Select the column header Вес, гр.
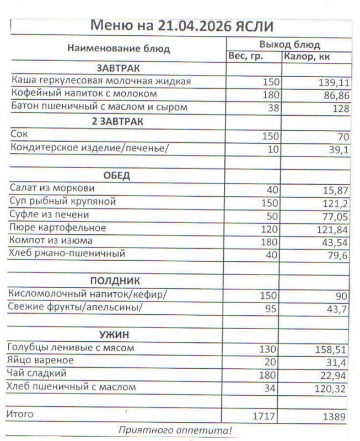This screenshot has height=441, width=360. [246, 56]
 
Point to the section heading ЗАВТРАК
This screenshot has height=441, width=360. [118, 68]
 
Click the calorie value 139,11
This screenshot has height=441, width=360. [334, 83]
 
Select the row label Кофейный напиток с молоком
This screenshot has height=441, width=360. [84, 94]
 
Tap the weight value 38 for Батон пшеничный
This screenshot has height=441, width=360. [273, 108]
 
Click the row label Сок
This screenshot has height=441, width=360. [19, 134]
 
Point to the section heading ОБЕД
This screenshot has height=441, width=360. [117, 176]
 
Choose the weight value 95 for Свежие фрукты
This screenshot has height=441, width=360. [271, 309]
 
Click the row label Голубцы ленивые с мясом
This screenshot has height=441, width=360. [71, 348]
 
